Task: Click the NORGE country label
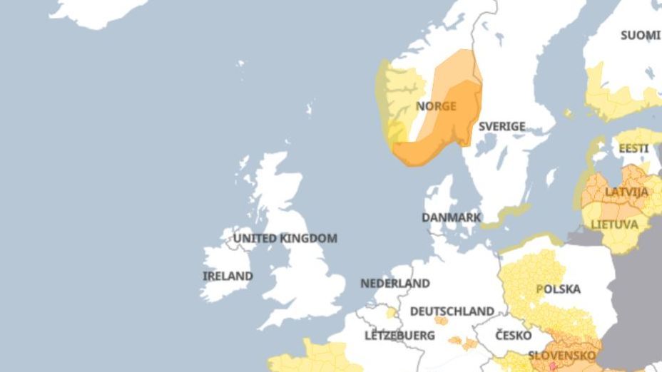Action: tap(436, 106)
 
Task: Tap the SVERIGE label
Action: tap(501, 126)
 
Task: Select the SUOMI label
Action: tap(640, 35)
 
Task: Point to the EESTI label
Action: tap(633, 148)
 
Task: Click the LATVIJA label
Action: tap(626, 192)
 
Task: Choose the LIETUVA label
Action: tap(614, 224)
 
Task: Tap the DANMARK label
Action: tap(451, 217)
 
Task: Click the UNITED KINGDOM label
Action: tap(285, 238)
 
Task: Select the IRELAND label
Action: tap(228, 276)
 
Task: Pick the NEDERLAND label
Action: tap(395, 283)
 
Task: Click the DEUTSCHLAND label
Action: tap(452, 311)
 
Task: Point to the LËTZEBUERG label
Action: tap(399, 335)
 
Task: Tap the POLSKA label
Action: tap(558, 289)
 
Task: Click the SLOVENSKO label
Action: tap(562, 355)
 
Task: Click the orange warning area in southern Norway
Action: tap(457, 125)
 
